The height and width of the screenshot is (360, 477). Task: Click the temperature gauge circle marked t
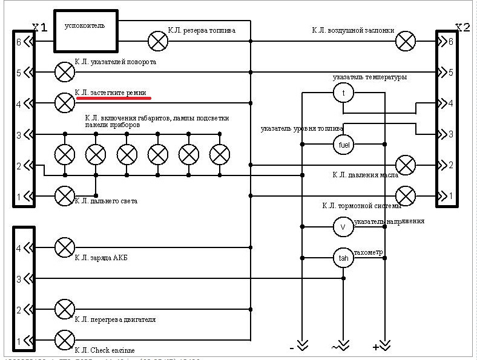(x=343, y=93)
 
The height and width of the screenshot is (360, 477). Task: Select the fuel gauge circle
(x=343, y=144)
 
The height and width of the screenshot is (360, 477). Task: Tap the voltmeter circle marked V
(x=343, y=227)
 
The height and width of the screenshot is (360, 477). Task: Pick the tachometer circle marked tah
(x=343, y=258)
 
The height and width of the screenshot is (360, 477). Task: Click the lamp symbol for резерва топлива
(x=158, y=41)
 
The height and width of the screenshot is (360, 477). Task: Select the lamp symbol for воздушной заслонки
(x=405, y=41)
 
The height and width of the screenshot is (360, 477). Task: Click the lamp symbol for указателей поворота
(x=64, y=72)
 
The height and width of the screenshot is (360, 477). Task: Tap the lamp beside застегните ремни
(x=64, y=103)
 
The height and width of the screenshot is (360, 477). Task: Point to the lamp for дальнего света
(x=64, y=195)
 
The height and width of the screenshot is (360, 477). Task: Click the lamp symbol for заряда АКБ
(x=64, y=247)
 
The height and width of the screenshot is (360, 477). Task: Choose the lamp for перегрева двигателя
(x=64, y=309)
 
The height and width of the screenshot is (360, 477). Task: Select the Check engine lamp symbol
(x=64, y=340)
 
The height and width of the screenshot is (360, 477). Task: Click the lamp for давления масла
(x=405, y=165)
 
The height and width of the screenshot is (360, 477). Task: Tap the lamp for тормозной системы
(x=405, y=195)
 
